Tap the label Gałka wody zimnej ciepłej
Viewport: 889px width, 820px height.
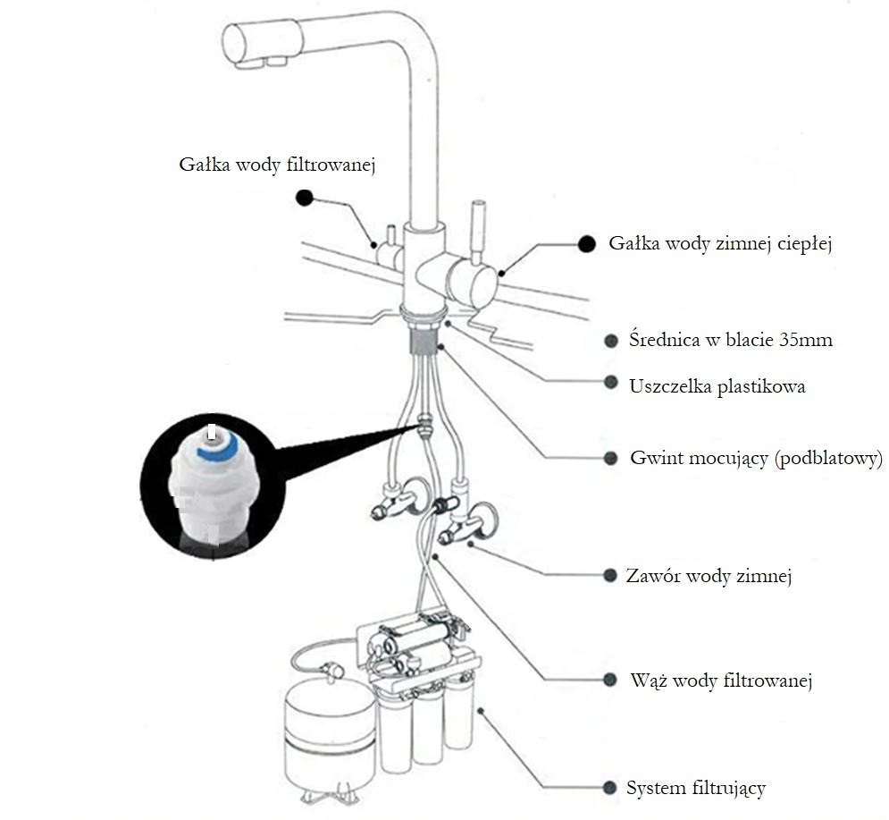[x=720, y=244]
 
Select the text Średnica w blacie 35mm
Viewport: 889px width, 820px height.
[x=731, y=340]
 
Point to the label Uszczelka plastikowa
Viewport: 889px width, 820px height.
[x=717, y=386]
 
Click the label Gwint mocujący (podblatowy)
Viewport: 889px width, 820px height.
[x=756, y=459]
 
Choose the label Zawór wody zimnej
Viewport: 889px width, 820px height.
[x=709, y=576]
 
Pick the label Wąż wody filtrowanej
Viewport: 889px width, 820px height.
[x=720, y=681]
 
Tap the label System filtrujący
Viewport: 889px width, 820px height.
[x=696, y=788]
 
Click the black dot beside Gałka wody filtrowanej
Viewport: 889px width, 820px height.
[x=306, y=198]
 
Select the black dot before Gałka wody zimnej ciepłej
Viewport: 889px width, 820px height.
[x=587, y=243]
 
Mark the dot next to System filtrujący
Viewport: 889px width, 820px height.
[x=610, y=788]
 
